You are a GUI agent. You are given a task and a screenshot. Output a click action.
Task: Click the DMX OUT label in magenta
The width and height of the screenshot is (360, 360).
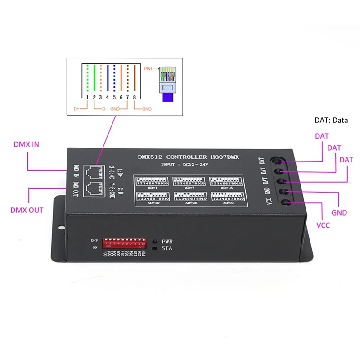click(x=27, y=210)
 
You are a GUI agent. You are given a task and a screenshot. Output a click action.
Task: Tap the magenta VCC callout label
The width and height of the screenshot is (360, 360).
click(x=324, y=225)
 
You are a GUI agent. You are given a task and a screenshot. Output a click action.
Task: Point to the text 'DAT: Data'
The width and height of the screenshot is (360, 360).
click(x=331, y=121)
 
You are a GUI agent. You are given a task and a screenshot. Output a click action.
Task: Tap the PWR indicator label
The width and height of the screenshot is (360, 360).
click(x=167, y=242)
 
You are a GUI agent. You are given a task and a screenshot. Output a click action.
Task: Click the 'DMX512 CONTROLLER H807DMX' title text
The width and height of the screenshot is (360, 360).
click(x=190, y=157)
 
